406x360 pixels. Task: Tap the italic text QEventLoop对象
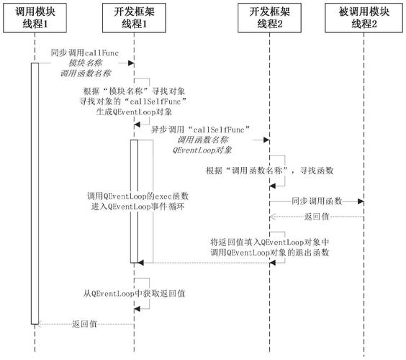point(203,150)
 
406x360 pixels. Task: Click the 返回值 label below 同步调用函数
point(317,215)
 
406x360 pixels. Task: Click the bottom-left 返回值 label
point(84,325)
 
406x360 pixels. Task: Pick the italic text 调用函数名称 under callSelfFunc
point(203,140)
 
